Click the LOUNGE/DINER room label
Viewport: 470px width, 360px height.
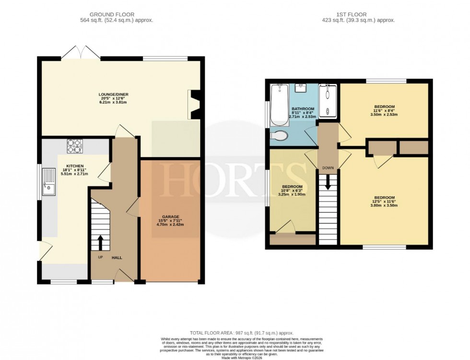click(114, 94)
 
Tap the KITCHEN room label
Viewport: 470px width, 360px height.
click(75, 166)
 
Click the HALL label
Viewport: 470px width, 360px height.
click(117, 258)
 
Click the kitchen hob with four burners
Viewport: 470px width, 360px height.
click(75, 145)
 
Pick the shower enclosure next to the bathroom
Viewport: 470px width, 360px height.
click(329, 101)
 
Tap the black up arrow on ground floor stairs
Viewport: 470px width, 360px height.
click(101, 242)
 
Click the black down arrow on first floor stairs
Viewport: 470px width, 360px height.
click(329, 181)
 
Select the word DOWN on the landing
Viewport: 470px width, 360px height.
click(329, 168)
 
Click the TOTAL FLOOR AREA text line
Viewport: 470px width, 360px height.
click(241, 333)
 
